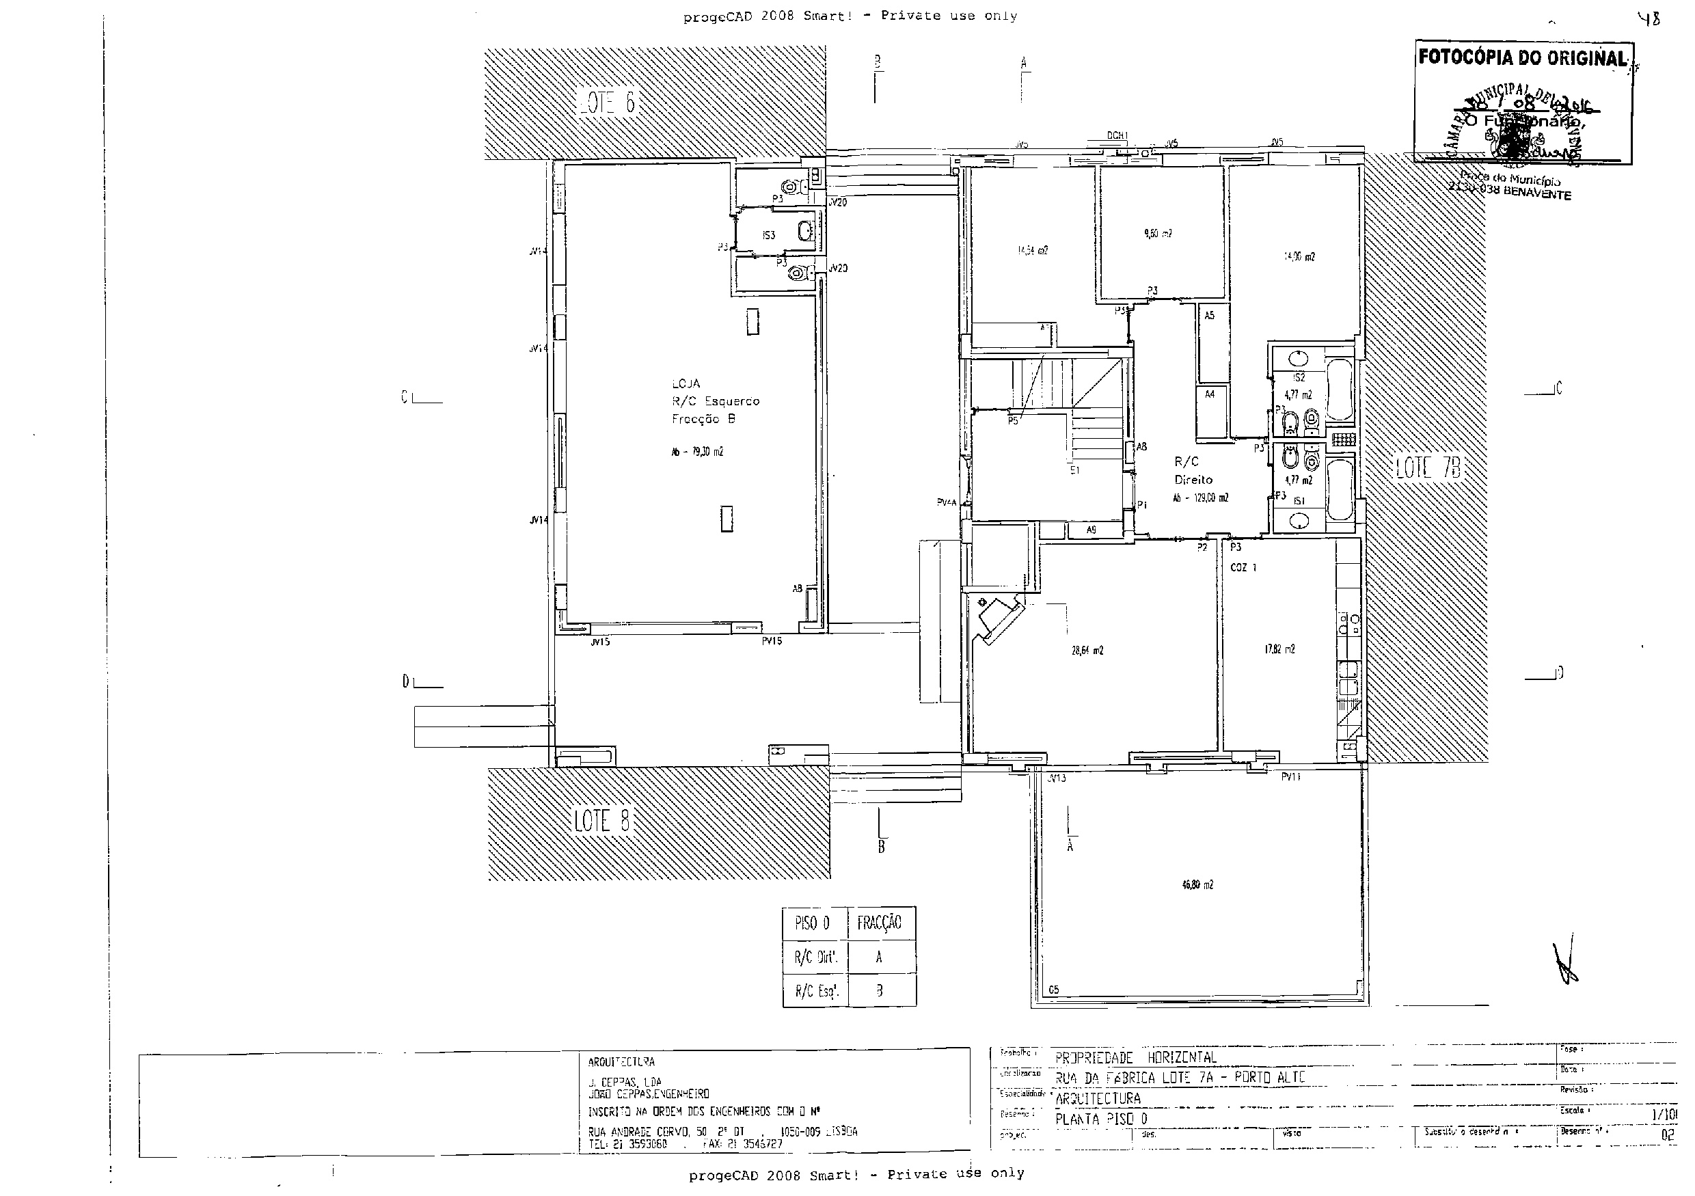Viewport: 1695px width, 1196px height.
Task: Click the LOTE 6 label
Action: click(607, 103)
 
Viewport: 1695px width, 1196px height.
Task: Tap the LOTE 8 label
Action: click(601, 820)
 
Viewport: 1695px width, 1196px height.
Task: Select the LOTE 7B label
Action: click(1428, 467)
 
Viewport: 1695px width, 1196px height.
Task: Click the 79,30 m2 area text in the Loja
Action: click(697, 452)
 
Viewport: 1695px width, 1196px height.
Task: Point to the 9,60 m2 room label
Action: click(1157, 233)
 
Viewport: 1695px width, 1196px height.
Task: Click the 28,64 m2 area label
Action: click(1087, 651)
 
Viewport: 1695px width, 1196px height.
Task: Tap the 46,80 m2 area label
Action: click(1197, 884)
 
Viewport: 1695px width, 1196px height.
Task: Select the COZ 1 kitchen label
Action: click(1243, 568)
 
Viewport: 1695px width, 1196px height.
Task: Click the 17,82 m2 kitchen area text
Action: click(1279, 650)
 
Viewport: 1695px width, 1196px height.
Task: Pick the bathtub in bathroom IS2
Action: click(1339, 390)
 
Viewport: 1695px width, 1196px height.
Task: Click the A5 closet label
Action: click(1209, 316)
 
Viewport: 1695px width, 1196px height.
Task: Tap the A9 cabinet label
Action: click(1091, 530)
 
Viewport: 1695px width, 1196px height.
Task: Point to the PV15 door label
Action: click(772, 642)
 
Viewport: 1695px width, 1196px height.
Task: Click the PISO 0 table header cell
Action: click(813, 923)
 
